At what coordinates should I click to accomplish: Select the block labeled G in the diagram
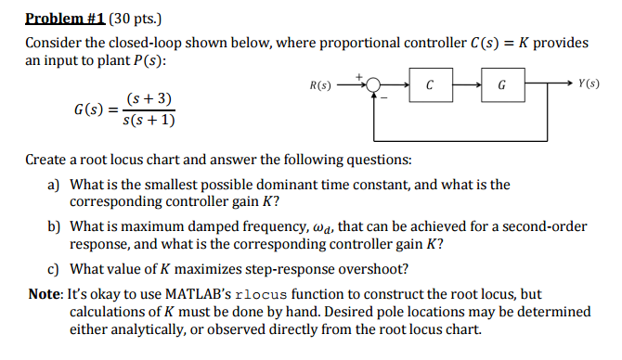501,86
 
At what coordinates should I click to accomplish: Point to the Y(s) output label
589,84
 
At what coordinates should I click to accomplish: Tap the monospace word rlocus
280,294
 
